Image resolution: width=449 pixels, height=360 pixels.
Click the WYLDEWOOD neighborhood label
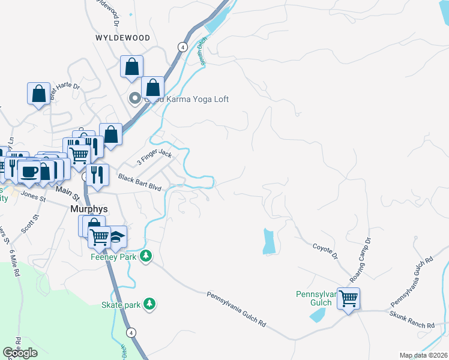[x=122, y=37]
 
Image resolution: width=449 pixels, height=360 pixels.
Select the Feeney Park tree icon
[x=145, y=257]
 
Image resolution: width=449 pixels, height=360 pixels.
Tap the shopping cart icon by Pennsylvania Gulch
[x=348, y=298]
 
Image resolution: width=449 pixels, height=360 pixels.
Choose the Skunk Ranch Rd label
[x=412, y=320]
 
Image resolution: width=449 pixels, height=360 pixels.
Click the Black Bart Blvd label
[x=140, y=183]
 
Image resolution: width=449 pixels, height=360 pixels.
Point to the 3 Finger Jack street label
[x=154, y=159]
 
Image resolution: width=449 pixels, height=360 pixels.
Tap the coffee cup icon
[x=29, y=171]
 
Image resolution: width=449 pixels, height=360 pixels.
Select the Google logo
[x=20, y=353]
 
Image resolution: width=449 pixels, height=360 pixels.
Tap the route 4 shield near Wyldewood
[x=181, y=46]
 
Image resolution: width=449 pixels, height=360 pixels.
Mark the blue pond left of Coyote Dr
[x=269, y=241]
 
